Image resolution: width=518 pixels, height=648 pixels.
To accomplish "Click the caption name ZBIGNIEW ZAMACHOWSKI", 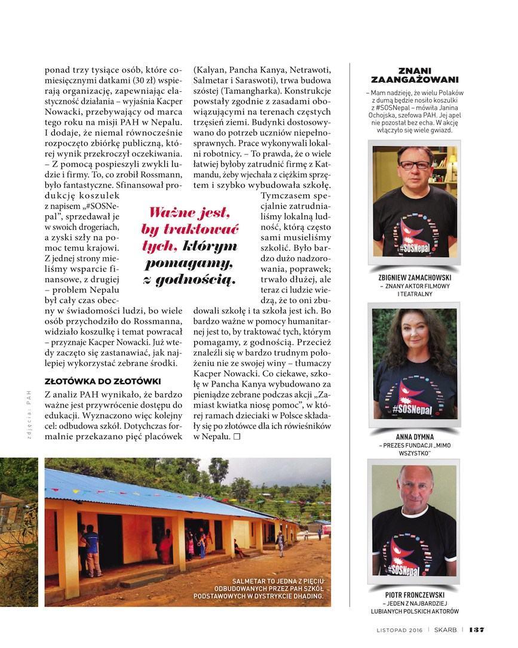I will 414,277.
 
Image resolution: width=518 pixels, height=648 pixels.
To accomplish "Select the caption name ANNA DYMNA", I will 414,436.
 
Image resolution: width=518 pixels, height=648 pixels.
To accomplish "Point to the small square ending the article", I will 237,437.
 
